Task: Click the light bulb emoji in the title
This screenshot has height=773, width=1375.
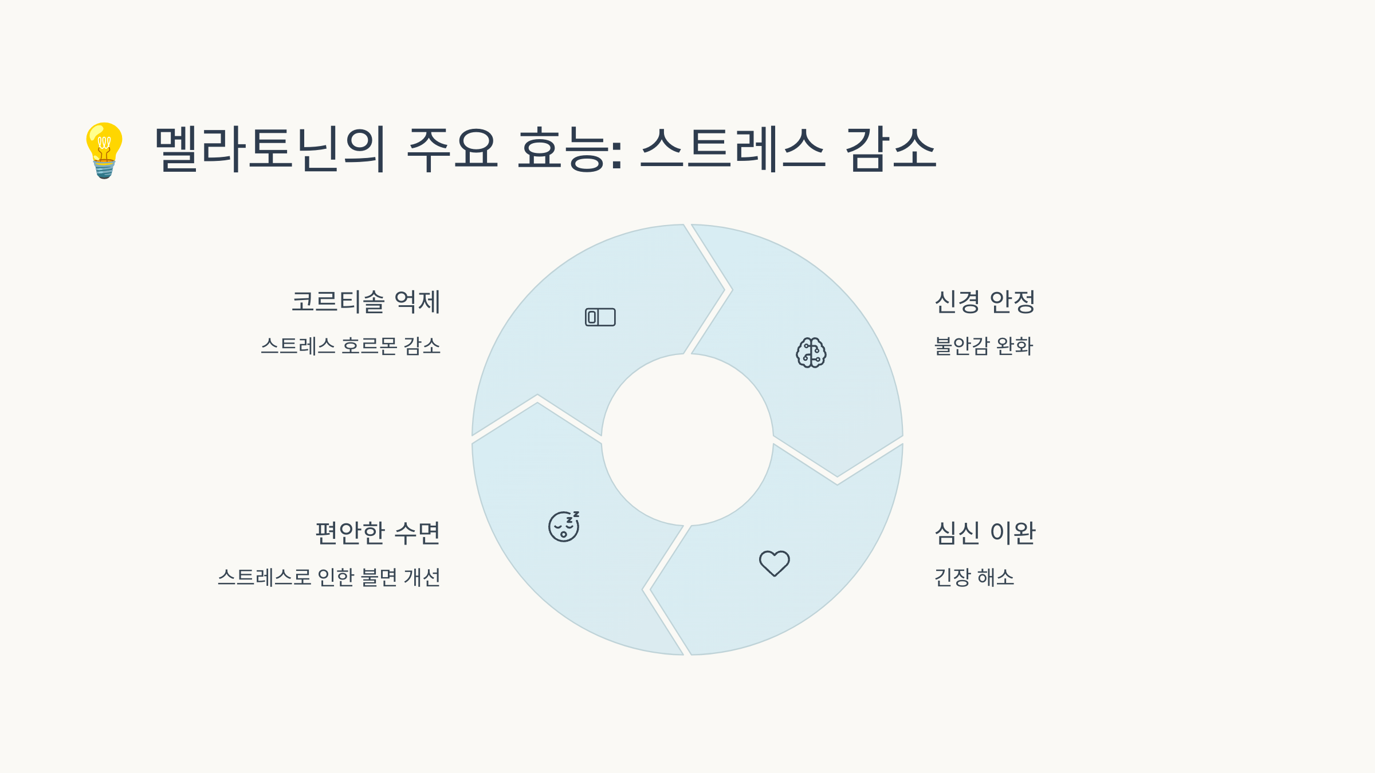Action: pos(104,150)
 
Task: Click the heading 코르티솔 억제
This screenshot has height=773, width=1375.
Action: pos(366,302)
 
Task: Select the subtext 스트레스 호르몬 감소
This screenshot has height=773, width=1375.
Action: pos(351,346)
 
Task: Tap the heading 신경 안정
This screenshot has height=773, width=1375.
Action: pos(985,302)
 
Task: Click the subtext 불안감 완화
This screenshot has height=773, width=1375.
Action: pos(984,346)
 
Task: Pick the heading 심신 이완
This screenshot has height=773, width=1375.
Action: pos(985,533)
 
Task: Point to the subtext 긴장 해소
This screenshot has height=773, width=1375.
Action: pos(974,577)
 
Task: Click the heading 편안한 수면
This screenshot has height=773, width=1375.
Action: pos(378,533)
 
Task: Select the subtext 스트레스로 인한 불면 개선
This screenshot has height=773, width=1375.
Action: pos(329,577)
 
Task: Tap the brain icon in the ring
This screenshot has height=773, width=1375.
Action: pos(811,352)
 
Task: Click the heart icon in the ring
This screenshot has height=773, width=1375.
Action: pos(775,563)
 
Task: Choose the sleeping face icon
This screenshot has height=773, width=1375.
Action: pos(564,526)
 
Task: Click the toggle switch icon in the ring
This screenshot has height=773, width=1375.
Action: pos(600,317)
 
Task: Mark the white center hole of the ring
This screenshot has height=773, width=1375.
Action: pos(687,440)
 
